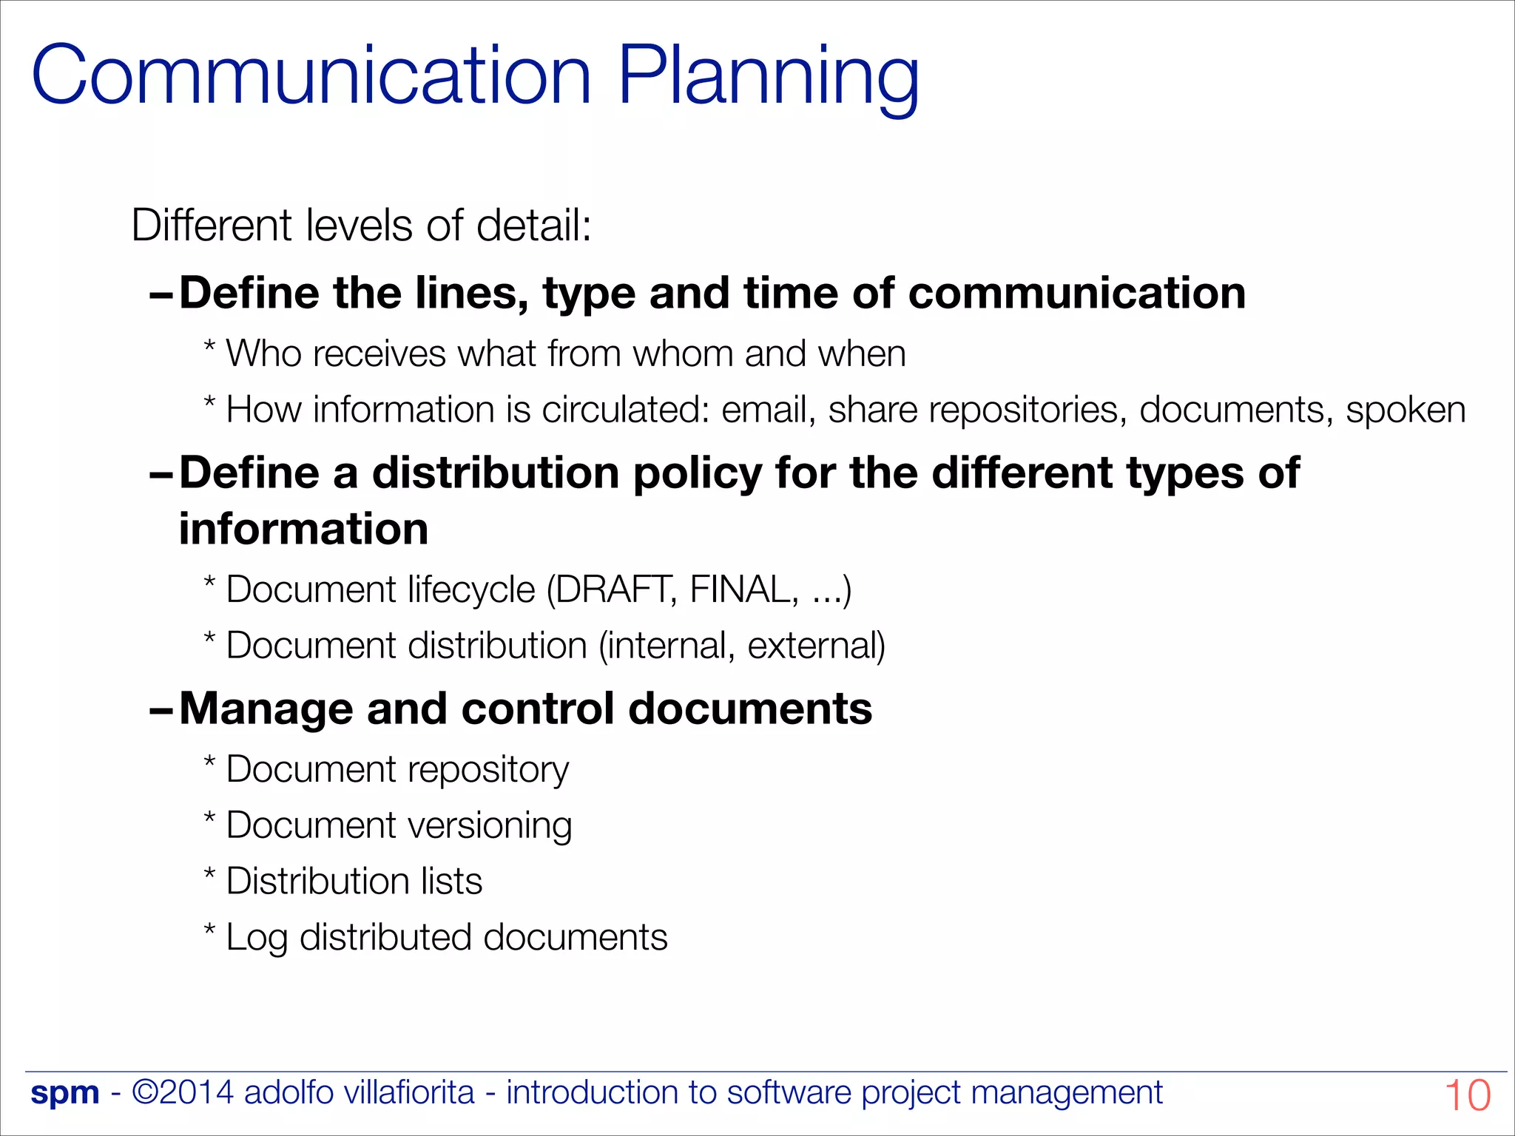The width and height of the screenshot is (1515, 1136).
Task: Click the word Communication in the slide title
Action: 311,76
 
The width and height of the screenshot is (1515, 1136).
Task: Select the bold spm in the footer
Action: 65,1093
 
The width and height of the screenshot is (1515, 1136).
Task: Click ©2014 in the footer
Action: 183,1092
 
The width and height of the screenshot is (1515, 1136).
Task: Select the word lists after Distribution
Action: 451,882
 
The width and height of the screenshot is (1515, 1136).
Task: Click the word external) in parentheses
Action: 816,646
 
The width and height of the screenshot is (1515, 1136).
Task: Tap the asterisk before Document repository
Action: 210,762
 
